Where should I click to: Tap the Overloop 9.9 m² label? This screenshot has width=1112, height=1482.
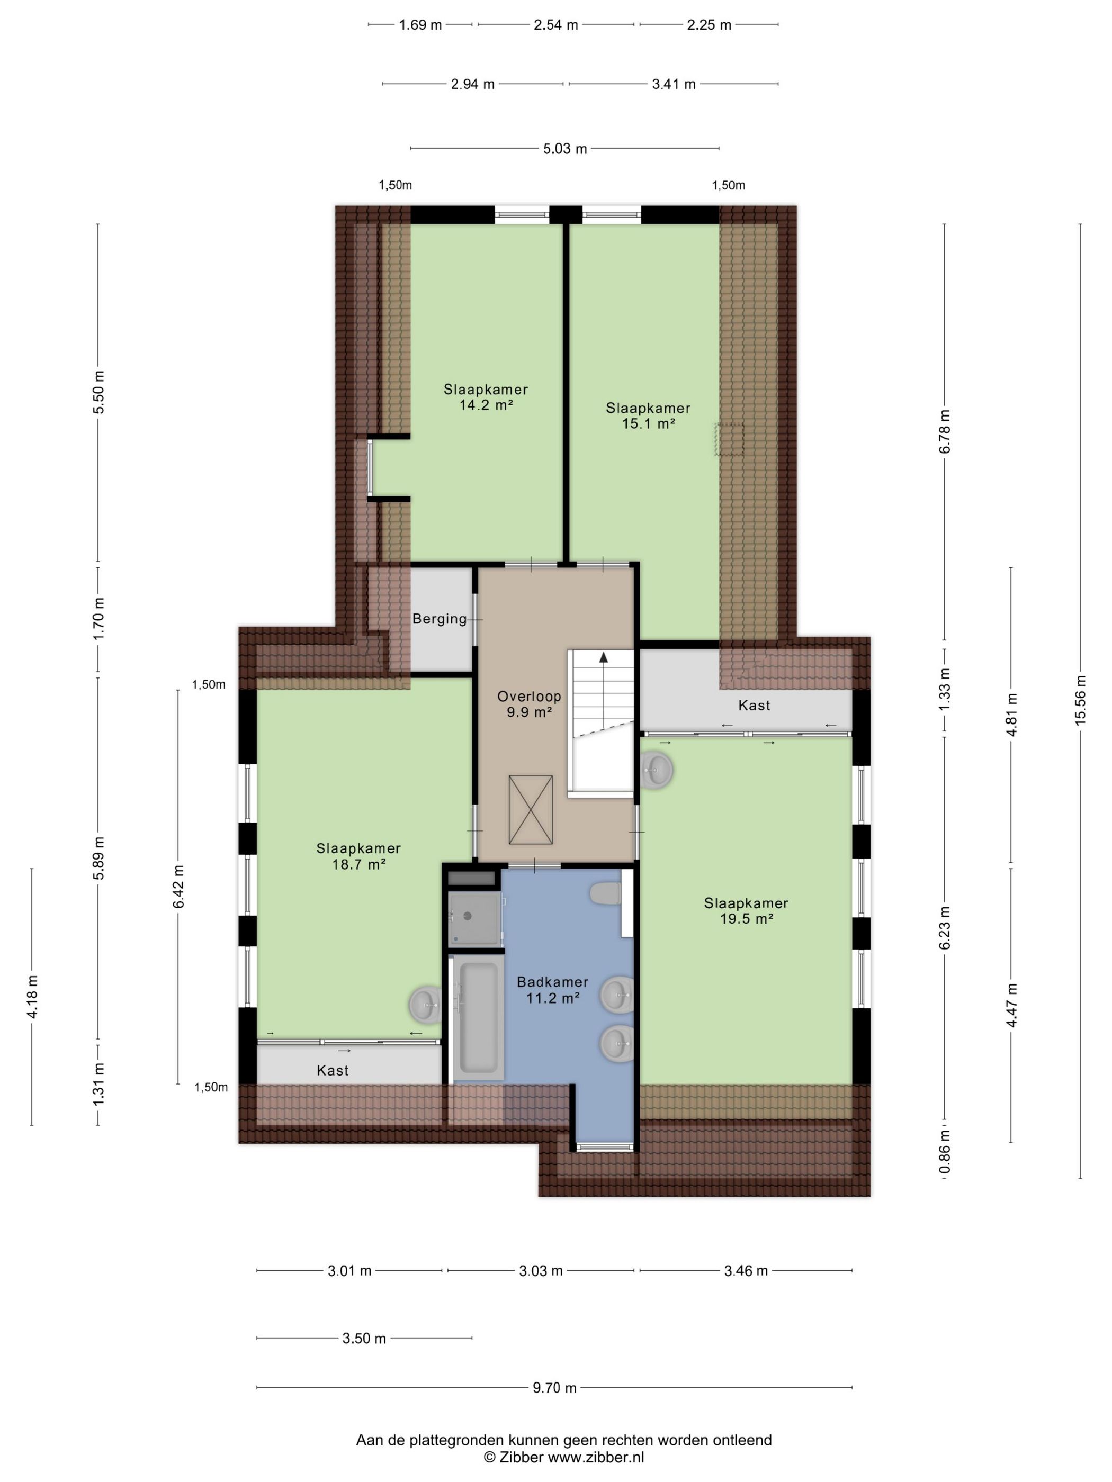coord(529,704)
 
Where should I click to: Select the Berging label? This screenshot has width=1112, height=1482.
coord(439,618)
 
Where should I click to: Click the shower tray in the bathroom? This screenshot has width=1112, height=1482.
coord(474,918)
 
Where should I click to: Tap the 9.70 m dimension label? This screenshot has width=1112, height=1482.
coord(554,1388)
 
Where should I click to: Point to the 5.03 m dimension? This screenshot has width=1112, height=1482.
coord(565,149)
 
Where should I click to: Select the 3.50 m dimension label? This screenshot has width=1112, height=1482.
coord(364,1339)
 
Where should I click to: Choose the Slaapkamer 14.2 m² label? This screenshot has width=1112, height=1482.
coord(486,396)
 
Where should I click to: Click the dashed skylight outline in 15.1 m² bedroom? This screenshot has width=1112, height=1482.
coord(729,439)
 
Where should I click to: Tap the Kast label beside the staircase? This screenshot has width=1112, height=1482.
coord(754,705)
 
